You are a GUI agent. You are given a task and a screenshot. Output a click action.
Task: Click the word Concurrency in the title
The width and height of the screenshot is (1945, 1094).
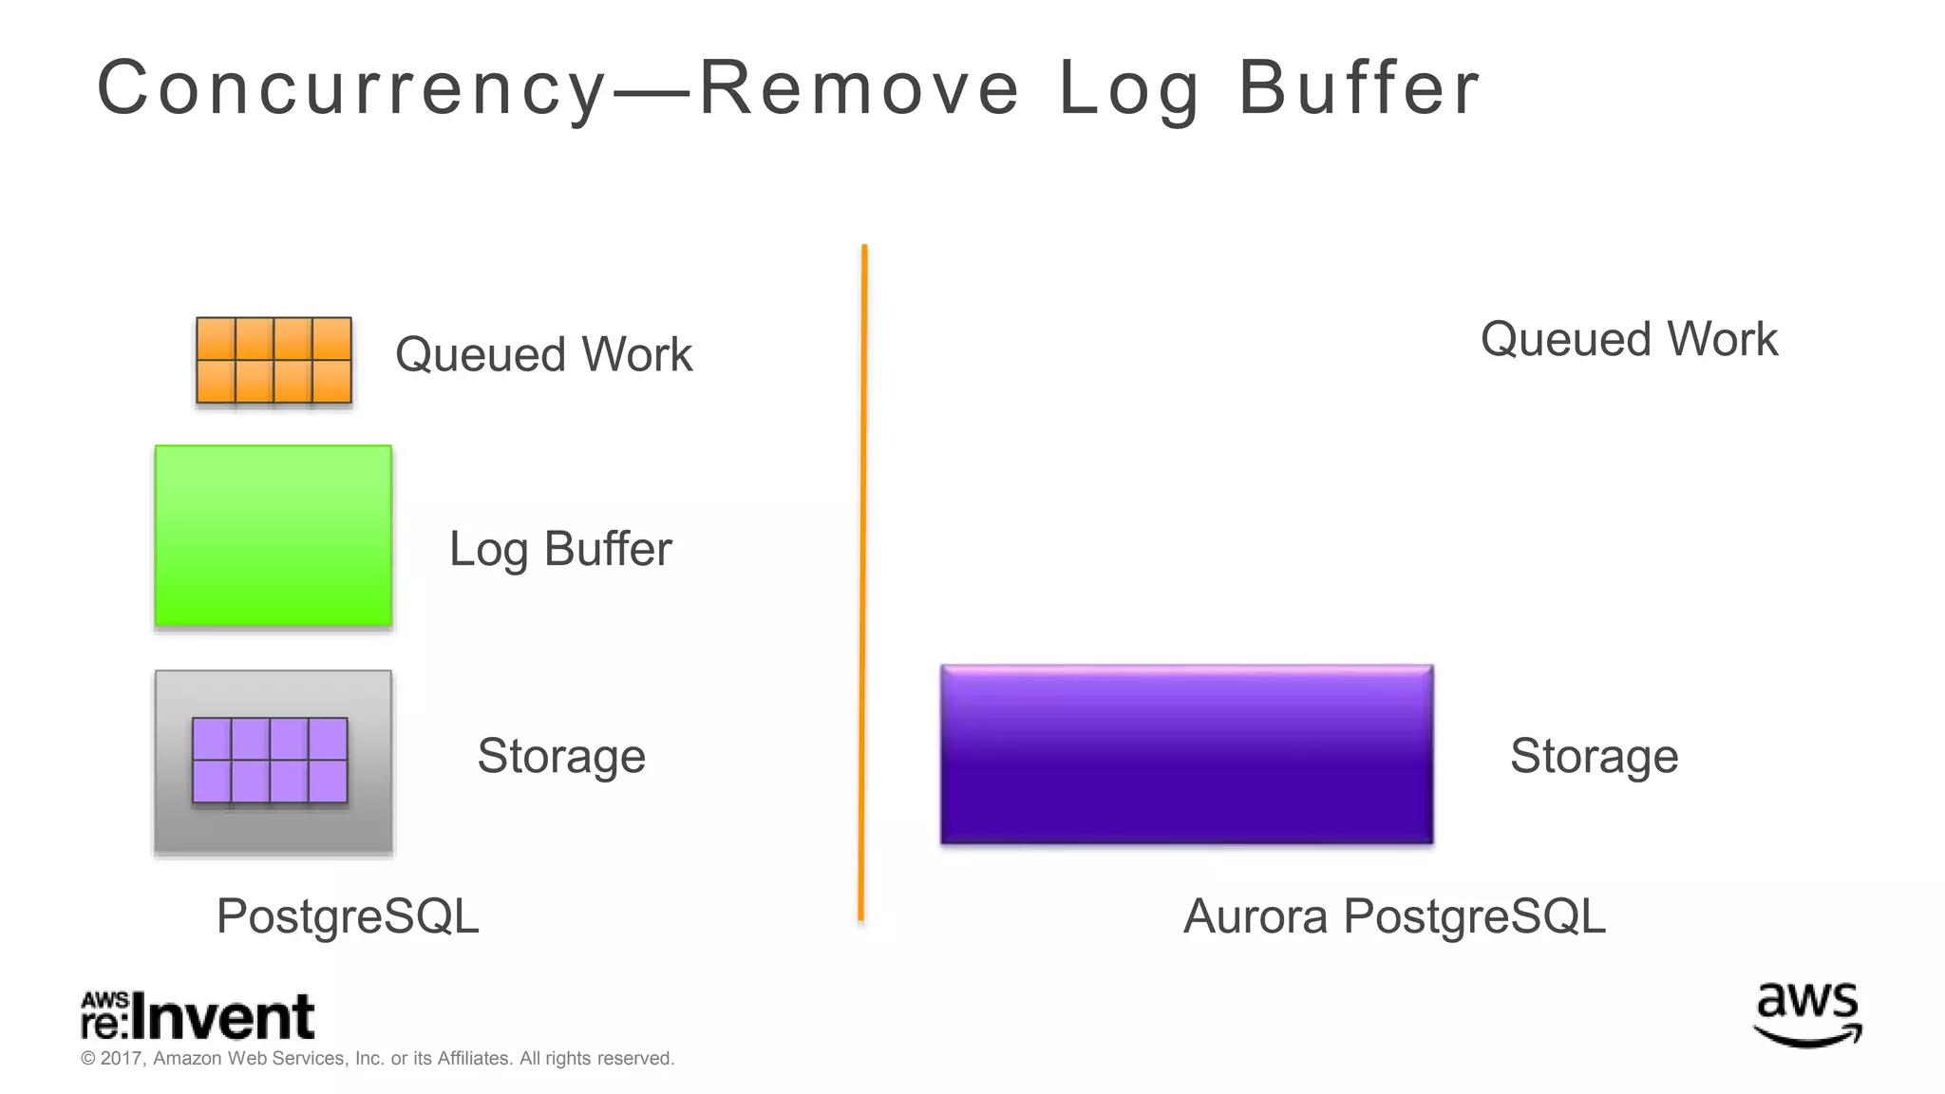(351, 88)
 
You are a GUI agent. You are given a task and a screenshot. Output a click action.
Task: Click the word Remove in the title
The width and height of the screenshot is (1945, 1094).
(859, 88)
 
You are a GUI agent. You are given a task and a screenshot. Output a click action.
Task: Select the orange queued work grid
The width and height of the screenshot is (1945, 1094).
(274, 361)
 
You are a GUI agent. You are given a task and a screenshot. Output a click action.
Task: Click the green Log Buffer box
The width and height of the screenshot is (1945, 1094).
(274, 536)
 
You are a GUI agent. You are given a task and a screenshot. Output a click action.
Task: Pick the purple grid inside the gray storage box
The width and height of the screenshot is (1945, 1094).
(270, 761)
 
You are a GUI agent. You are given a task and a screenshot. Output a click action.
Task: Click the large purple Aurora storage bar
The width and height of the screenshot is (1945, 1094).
(1186, 754)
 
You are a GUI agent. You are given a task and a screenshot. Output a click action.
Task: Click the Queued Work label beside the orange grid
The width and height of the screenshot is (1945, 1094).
(543, 354)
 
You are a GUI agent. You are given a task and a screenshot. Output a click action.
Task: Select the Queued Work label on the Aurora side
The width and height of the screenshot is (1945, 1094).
(1629, 339)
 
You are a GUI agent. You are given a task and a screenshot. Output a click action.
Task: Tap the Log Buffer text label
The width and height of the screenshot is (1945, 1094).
(560, 549)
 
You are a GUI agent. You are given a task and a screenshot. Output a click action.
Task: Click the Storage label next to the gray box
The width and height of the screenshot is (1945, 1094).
(561, 756)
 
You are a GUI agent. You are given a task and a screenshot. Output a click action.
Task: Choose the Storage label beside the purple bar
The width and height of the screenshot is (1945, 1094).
(1594, 756)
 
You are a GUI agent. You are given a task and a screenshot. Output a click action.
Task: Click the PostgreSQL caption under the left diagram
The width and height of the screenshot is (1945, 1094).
(348, 916)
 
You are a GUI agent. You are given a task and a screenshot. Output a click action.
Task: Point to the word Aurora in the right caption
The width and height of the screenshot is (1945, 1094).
(1256, 916)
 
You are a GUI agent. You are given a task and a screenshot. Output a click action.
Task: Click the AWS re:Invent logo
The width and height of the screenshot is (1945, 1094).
(198, 1016)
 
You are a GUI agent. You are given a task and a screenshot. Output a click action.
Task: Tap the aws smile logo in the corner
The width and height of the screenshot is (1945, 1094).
(1807, 1014)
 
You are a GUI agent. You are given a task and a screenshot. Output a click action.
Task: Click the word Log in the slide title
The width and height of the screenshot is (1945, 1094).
(1128, 88)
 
